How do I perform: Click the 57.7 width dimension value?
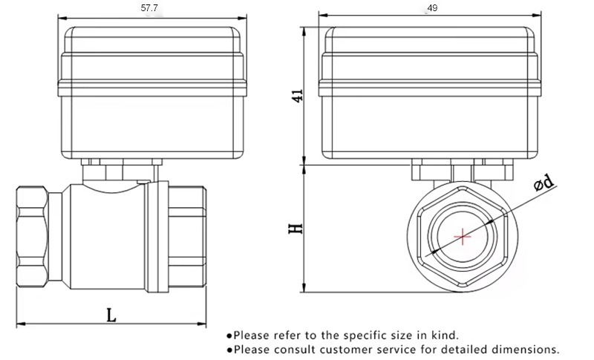pyautogui.click(x=149, y=8)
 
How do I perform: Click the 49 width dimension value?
pyautogui.click(x=432, y=8)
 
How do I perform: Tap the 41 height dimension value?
pyautogui.click(x=298, y=95)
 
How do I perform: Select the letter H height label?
pyautogui.click(x=296, y=229)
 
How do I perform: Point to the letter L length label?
pyautogui.click(x=111, y=315)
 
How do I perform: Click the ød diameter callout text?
pyautogui.click(x=544, y=183)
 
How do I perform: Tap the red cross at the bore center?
pyautogui.click(x=462, y=237)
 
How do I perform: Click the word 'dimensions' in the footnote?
pyautogui.click(x=523, y=349)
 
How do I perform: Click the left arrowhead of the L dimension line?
pyautogui.click(x=21, y=324)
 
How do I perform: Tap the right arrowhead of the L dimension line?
pyautogui.click(x=202, y=324)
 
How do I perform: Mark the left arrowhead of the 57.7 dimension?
pyautogui.click(x=62, y=18)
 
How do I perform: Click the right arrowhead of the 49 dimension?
pyautogui.click(x=537, y=16)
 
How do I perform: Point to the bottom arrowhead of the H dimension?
pyautogui.click(x=304, y=288)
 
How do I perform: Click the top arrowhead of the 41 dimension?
pyautogui.click(x=304, y=31)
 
